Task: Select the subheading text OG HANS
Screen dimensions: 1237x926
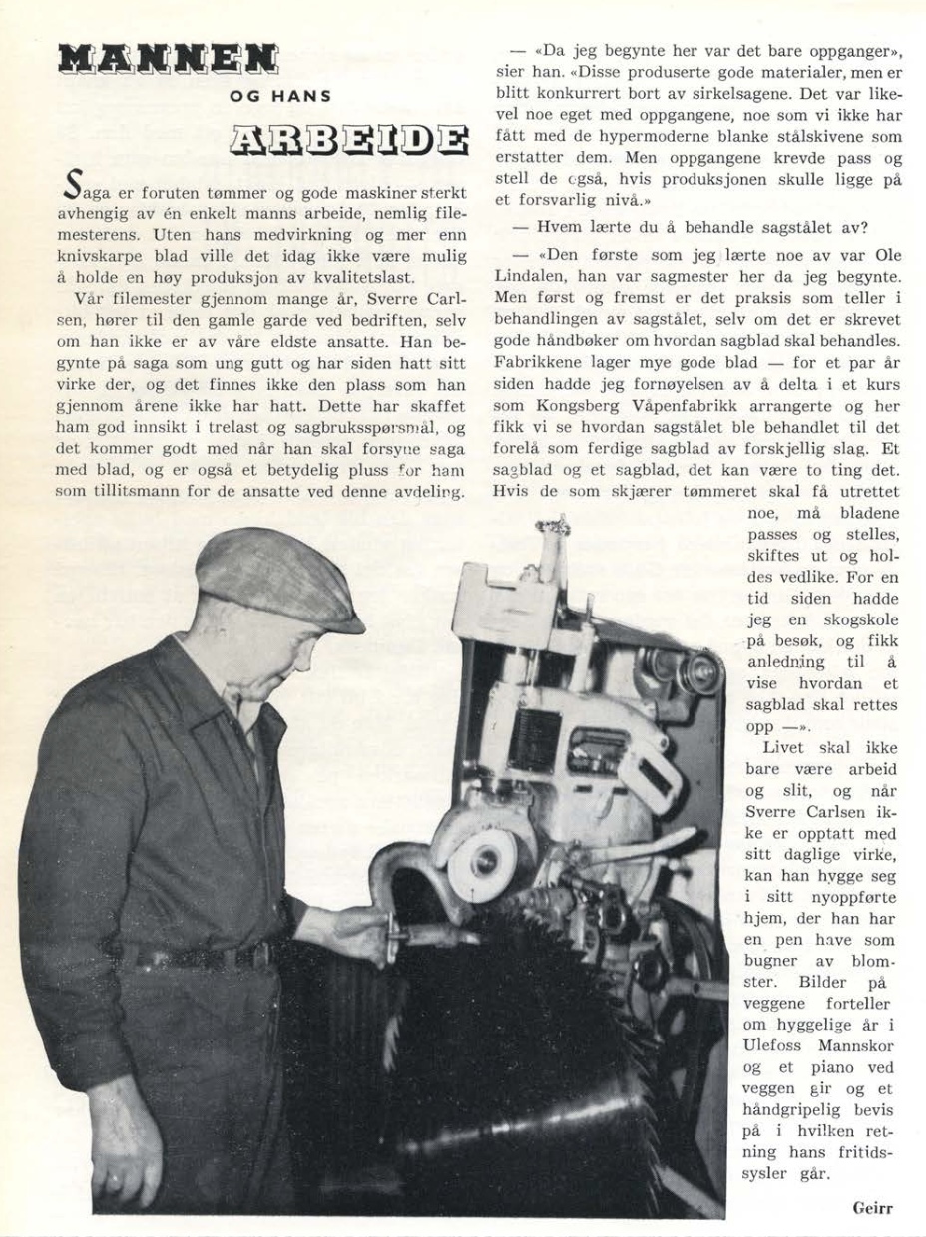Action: tap(280, 98)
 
